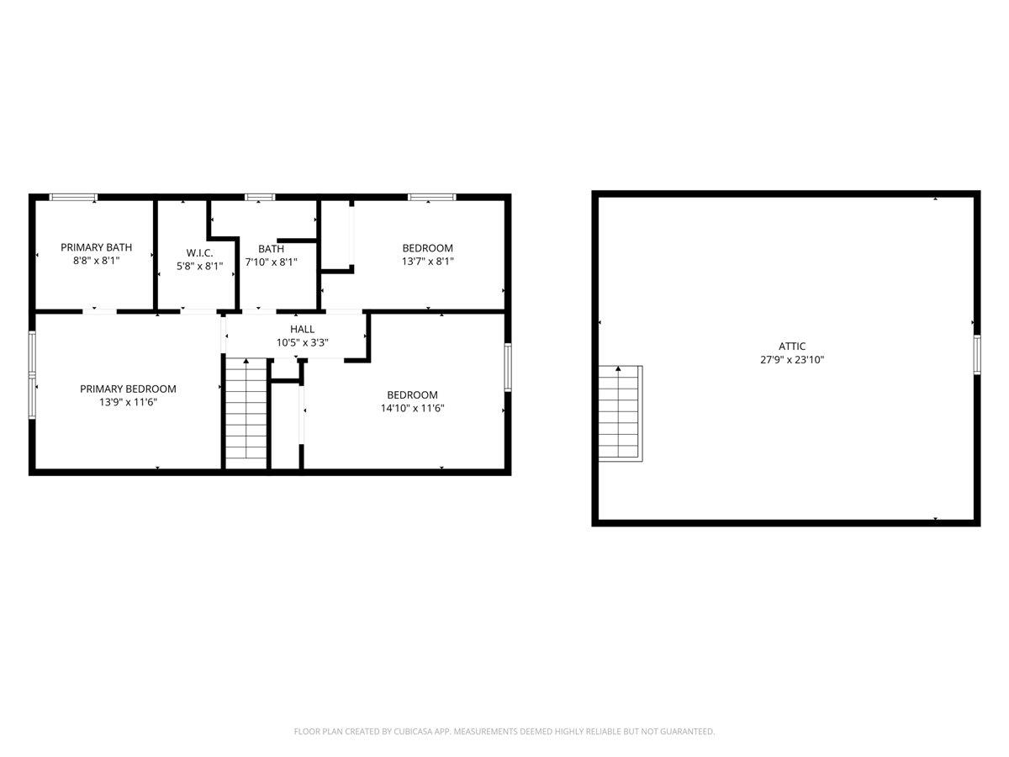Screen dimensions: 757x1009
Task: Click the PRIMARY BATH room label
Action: coord(96,247)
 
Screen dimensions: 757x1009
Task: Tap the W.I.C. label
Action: coord(199,252)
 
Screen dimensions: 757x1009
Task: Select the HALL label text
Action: coord(302,329)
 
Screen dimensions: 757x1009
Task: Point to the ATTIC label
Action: coord(792,346)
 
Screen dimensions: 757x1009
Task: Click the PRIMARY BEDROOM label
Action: coord(128,389)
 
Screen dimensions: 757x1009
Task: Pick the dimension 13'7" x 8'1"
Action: coord(427,262)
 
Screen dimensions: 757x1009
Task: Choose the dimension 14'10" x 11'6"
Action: coord(412,409)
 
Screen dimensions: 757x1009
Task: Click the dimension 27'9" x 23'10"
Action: coord(792,360)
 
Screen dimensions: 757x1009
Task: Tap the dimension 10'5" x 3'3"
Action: coord(302,342)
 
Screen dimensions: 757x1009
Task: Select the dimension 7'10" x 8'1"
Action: coord(271,262)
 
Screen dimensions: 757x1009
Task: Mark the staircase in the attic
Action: coord(620,413)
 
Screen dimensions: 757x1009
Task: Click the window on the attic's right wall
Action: coord(977,353)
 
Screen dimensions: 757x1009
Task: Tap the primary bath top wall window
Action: coord(73,198)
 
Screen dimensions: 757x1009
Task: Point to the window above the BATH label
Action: coord(260,198)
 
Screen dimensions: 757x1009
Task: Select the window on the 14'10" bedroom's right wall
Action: coord(508,367)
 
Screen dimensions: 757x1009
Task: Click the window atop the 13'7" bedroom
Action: coord(431,198)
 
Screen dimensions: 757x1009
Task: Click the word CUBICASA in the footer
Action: coord(412,732)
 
